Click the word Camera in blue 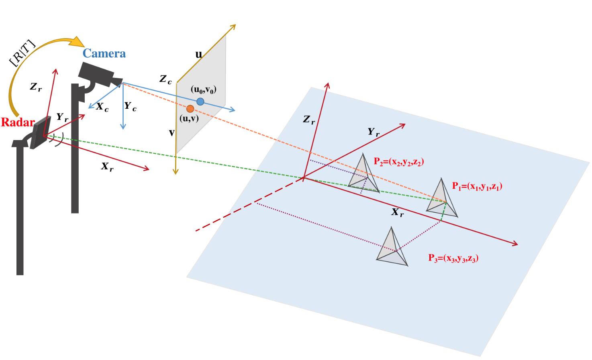[x=104, y=53]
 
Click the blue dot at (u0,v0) [x=200, y=102]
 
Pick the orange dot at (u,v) [x=190, y=109]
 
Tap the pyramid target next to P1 [x=442, y=199]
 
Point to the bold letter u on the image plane [x=198, y=54]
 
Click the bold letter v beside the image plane [x=171, y=132]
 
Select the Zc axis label [x=165, y=79]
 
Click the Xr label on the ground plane [x=398, y=212]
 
